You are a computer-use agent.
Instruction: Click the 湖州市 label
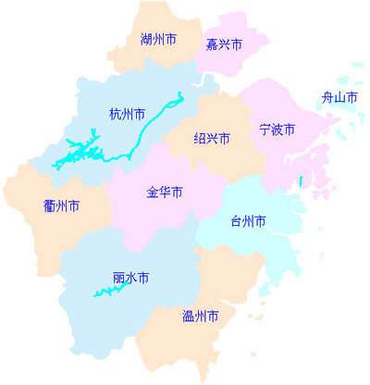point(159,40)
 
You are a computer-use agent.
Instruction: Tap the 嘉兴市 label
point(224,44)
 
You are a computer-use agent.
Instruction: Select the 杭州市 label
point(127,115)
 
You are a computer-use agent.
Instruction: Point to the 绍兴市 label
point(211,139)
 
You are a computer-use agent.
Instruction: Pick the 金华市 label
point(165,192)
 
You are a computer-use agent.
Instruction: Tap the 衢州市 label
point(61,205)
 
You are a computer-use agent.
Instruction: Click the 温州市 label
point(201,317)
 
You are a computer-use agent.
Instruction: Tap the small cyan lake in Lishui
point(109,292)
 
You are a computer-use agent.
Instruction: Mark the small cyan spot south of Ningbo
point(302,181)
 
